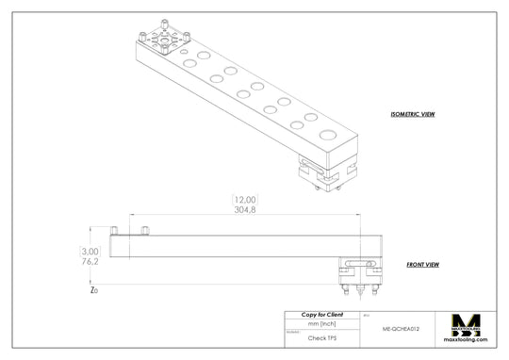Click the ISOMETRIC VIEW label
pos(412,114)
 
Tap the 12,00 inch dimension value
pos(245,199)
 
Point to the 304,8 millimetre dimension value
pos(245,210)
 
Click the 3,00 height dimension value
pos(90,252)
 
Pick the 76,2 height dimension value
pos(90,263)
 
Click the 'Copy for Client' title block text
pos(322,314)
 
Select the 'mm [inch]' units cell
pos(322,323)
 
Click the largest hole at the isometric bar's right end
pos(327,136)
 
